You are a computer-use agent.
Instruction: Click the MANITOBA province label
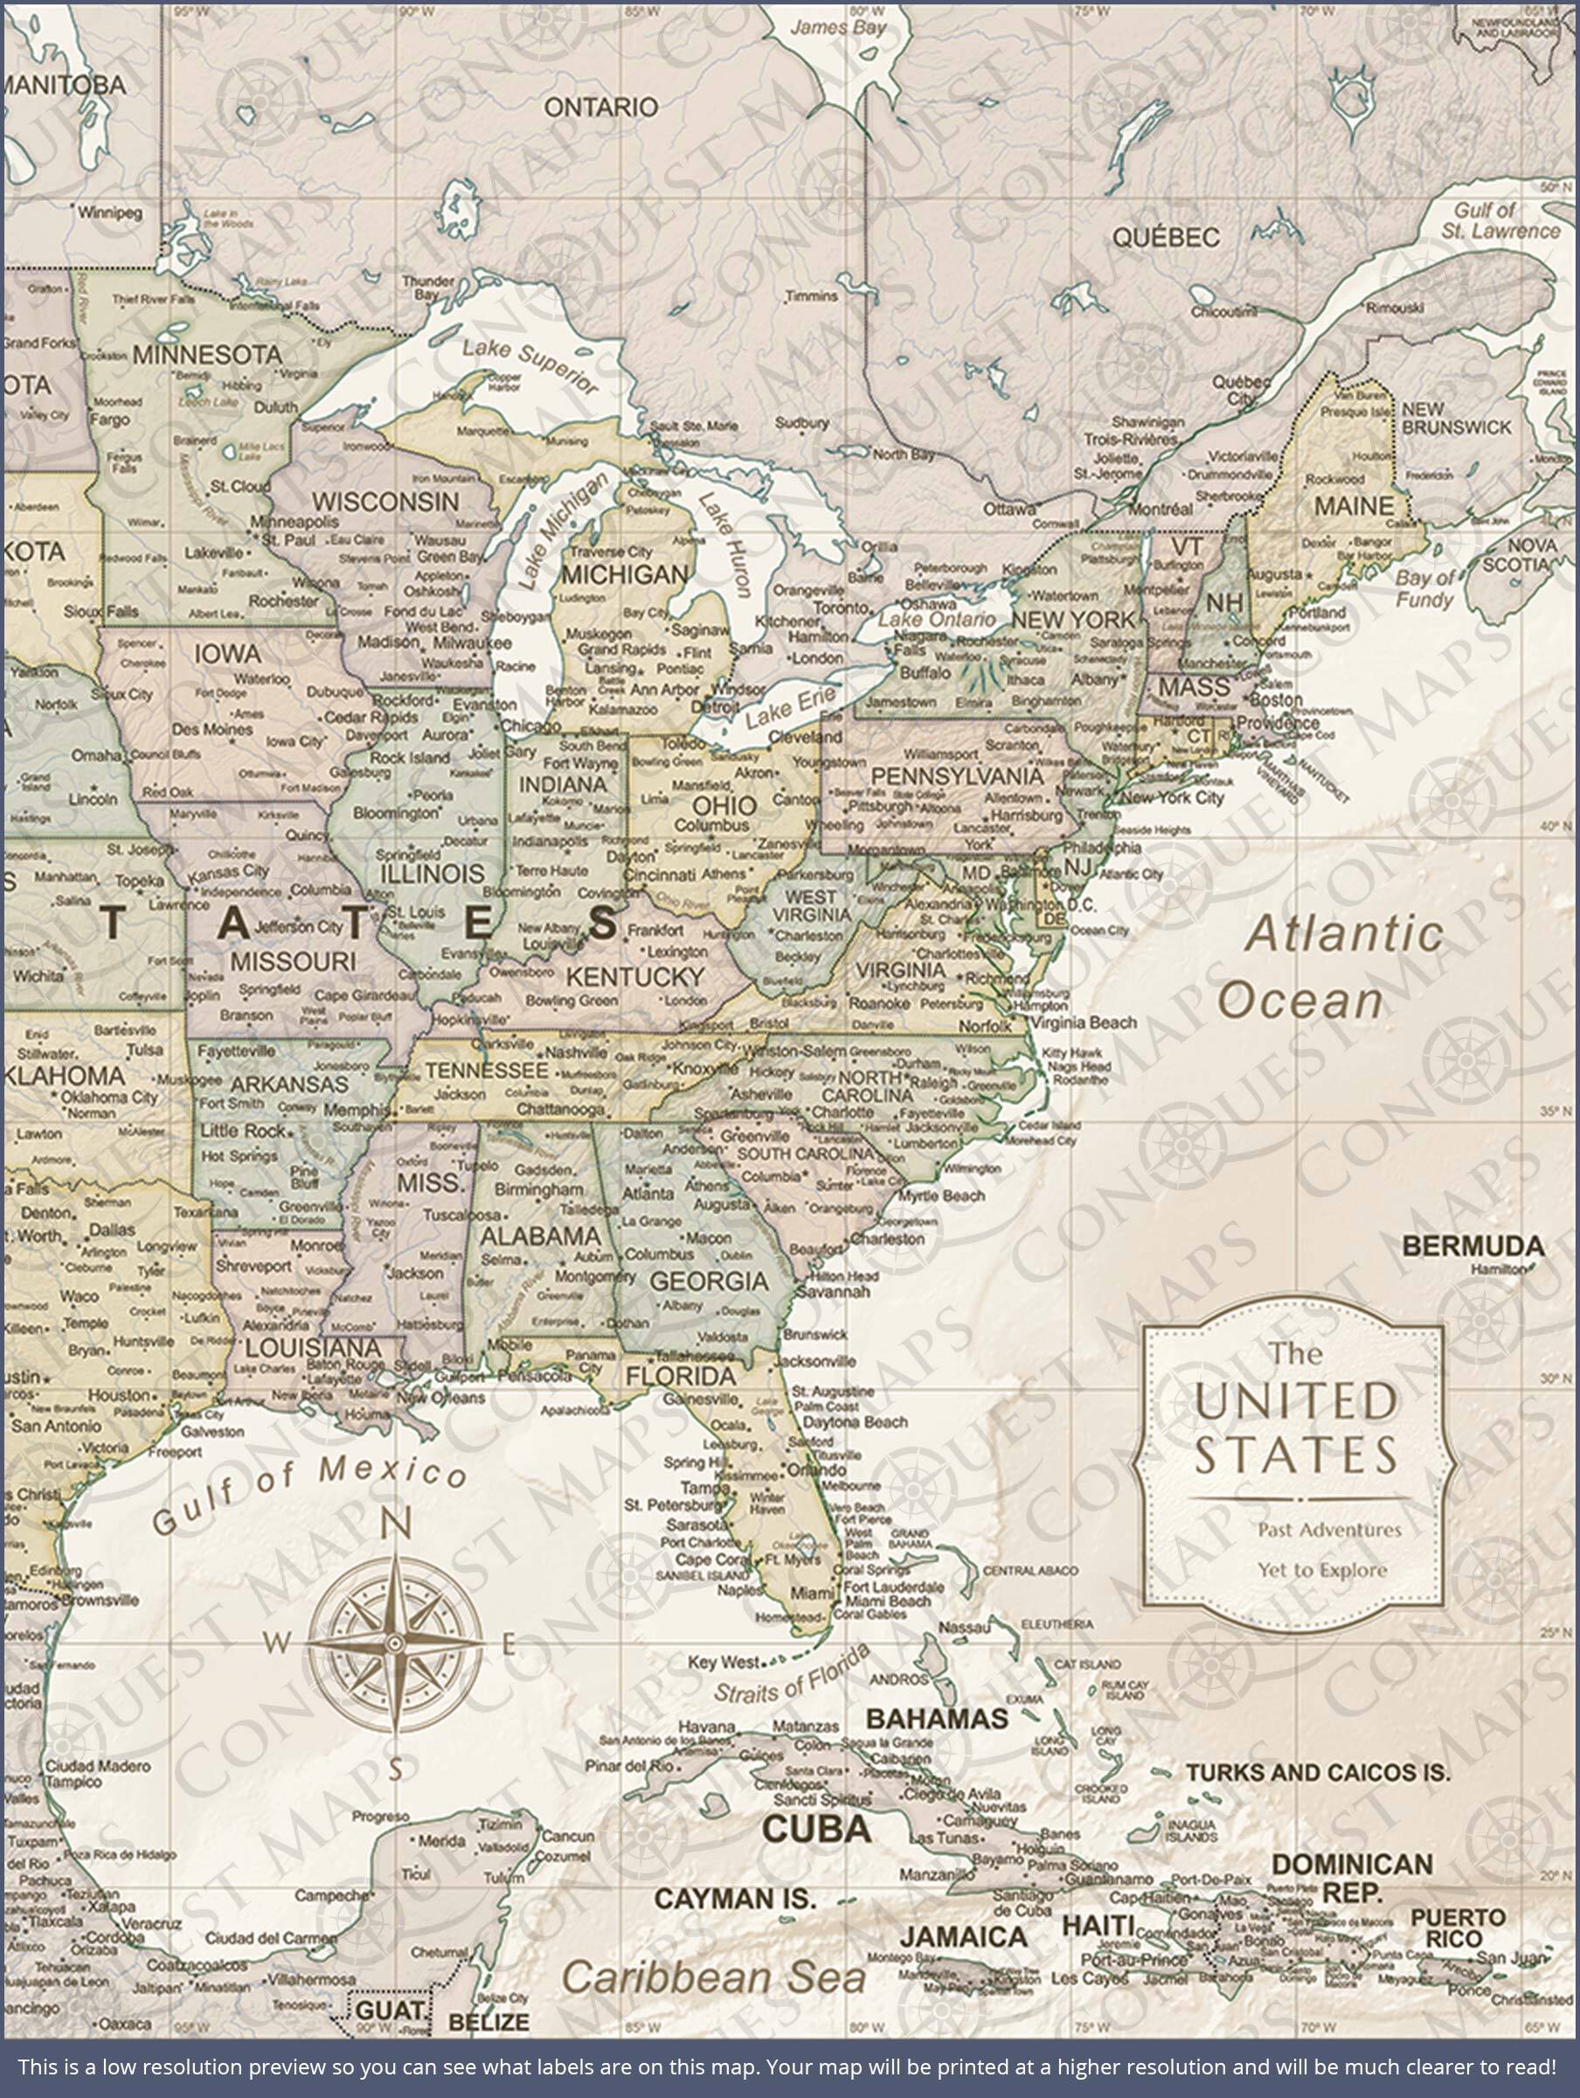tap(64, 85)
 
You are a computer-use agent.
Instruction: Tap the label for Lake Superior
tap(530, 366)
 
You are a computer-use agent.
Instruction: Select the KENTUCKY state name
tap(634, 976)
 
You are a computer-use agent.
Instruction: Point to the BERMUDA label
tap(1472, 1246)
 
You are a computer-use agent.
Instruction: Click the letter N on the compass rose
tap(396, 1525)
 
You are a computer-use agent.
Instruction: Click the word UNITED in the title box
tap(1295, 1402)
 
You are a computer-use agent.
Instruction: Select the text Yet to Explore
tap(1321, 1570)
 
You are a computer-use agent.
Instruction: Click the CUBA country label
tap(816, 1828)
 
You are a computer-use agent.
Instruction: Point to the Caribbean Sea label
tap(713, 1976)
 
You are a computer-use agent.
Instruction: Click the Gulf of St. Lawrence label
tap(1500, 220)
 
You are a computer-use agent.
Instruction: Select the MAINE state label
tap(1354, 505)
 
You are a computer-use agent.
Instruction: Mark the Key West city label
tap(724, 1662)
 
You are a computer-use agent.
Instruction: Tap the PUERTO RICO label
tap(1458, 1928)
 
